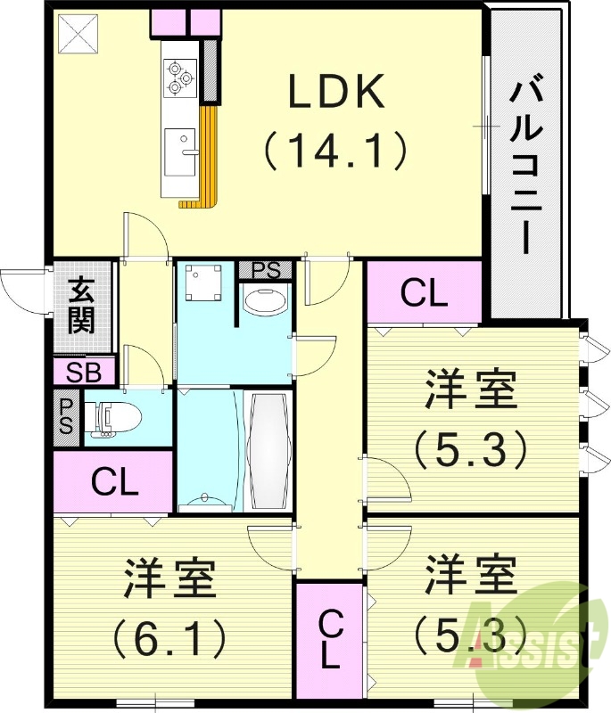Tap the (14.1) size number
[335, 150]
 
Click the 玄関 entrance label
[82, 306]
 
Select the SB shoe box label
[84, 372]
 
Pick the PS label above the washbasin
[265, 269]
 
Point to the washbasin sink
[265, 300]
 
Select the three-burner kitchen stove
[180, 75]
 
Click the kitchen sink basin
[181, 143]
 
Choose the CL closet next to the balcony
[424, 293]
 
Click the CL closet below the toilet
[115, 482]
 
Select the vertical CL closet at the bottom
[328, 640]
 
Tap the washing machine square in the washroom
[204, 283]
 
